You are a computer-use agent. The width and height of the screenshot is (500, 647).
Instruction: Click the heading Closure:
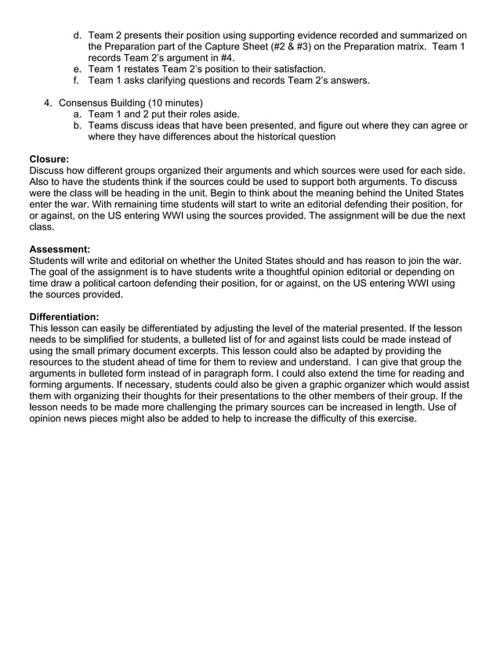49,158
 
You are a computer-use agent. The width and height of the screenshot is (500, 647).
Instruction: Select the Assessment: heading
59,249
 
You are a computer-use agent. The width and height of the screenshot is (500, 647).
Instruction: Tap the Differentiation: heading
63,316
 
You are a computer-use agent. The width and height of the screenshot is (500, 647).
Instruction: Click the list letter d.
77,35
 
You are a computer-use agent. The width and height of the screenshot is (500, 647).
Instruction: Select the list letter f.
77,80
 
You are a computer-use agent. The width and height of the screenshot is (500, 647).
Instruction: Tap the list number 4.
47,103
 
